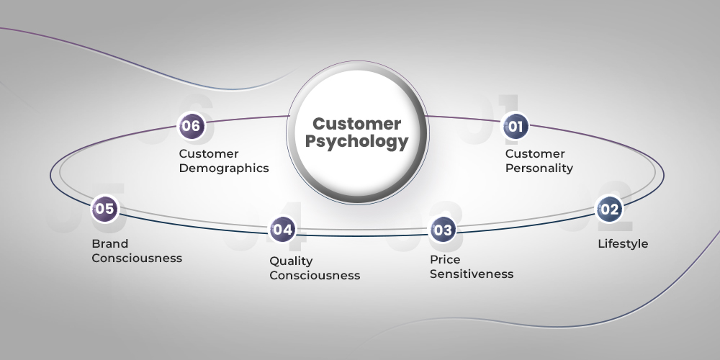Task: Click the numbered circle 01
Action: [x=515, y=127]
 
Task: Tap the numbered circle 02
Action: [x=609, y=210]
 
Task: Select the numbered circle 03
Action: [x=443, y=230]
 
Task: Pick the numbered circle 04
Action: [x=282, y=230]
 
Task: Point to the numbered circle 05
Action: [x=104, y=210]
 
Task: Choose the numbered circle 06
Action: [x=192, y=126]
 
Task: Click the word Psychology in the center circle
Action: [x=356, y=142]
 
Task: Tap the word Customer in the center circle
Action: [x=356, y=123]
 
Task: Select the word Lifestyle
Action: [x=623, y=244]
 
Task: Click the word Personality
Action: [x=539, y=168]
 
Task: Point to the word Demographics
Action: [x=224, y=168]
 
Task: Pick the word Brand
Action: [x=109, y=243]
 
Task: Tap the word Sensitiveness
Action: [x=472, y=274]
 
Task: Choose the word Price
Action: [x=445, y=259]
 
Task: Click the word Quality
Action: [x=292, y=261]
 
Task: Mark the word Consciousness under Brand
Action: [x=137, y=258]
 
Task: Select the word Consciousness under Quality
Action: [x=315, y=275]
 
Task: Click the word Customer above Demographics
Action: [x=209, y=154]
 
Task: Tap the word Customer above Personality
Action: [x=535, y=154]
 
